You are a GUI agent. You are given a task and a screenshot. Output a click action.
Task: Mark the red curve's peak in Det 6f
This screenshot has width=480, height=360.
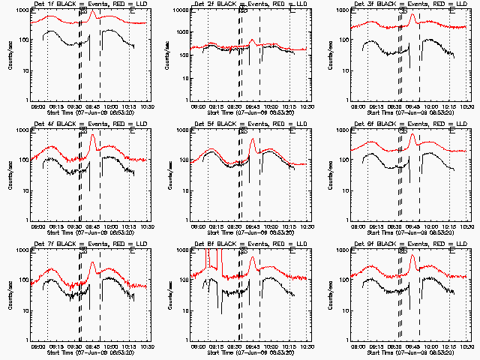click(412, 134)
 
